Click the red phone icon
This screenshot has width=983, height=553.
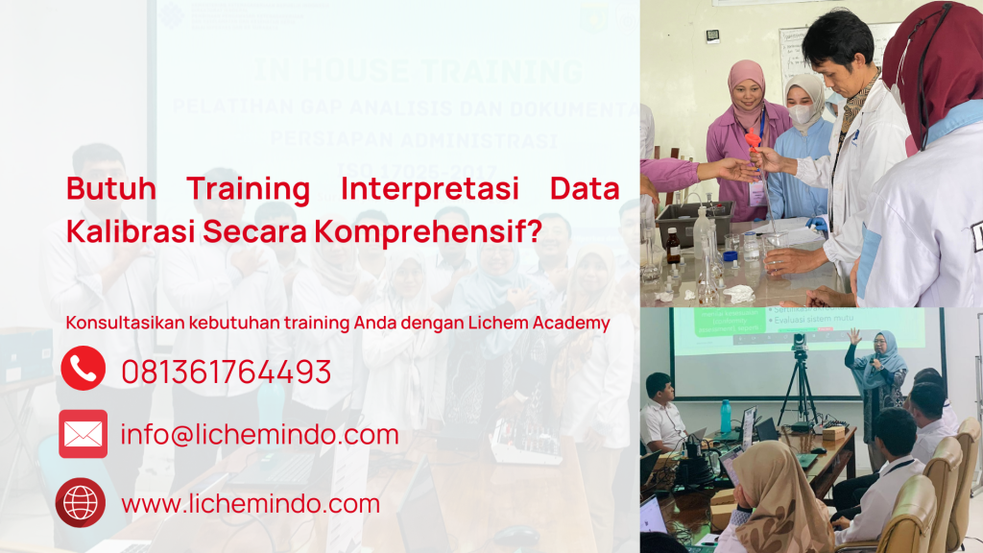click(x=83, y=369)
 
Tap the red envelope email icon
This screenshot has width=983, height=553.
click(x=83, y=434)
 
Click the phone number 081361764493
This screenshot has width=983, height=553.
click(x=226, y=372)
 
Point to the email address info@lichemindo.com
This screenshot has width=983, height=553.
click(x=259, y=435)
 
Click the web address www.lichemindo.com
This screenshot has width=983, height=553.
click(x=251, y=503)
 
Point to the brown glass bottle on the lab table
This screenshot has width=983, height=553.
click(x=673, y=247)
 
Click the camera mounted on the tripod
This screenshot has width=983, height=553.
click(x=799, y=343)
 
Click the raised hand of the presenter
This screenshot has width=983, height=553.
click(x=852, y=336)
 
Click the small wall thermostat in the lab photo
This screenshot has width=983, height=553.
click(x=712, y=36)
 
